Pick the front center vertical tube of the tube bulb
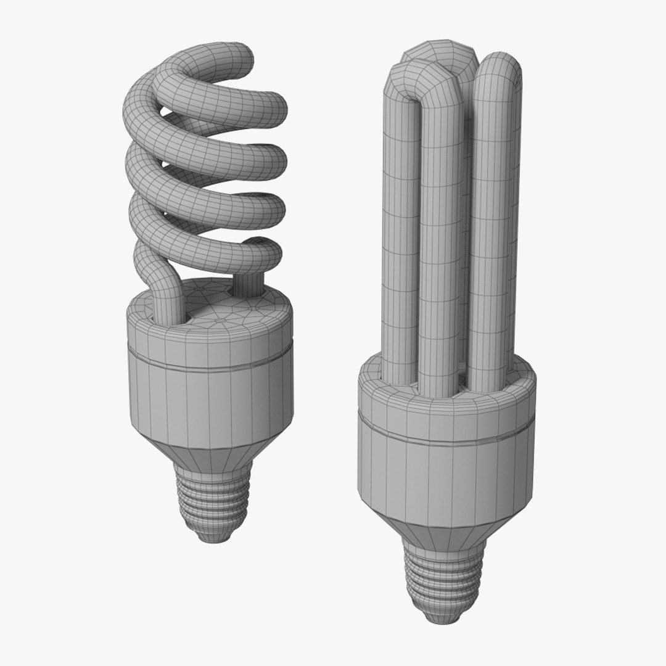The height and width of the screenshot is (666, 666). (441, 259)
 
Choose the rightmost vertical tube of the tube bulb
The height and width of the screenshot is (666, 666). (493, 234)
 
